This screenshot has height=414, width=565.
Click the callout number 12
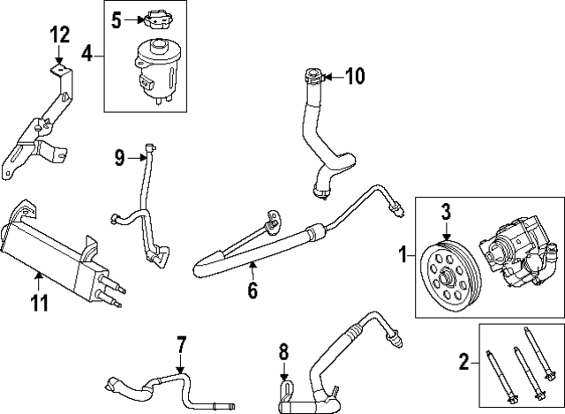(59, 35)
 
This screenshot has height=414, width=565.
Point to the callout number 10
(353, 77)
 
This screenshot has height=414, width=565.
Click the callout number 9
(119, 158)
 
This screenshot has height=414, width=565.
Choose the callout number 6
(252, 289)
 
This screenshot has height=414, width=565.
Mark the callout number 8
(283, 351)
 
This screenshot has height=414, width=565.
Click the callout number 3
(446, 211)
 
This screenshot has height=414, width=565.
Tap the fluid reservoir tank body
(157, 66)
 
